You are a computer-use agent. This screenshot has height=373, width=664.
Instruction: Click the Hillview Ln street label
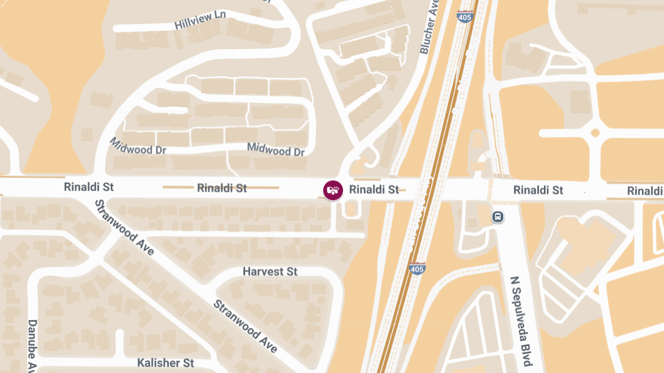(x=200, y=20)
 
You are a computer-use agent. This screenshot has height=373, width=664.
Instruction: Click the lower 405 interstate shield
(x=418, y=269)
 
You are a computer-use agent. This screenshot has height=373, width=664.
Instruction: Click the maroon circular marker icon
(x=333, y=190)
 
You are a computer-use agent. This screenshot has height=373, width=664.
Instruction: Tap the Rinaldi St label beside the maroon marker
(x=374, y=190)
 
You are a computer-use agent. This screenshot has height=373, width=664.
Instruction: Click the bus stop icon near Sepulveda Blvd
(x=498, y=217)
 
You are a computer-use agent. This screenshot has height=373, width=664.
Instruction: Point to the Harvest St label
(x=270, y=272)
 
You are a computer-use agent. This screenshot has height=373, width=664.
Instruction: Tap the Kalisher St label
(x=165, y=363)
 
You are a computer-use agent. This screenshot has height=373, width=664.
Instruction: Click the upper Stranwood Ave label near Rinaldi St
(x=125, y=227)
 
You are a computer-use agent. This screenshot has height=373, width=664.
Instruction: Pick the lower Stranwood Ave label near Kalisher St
(x=245, y=326)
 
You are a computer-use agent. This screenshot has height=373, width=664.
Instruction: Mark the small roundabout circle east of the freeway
(x=595, y=133)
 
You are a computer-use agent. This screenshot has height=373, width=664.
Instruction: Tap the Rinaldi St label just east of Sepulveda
(x=538, y=190)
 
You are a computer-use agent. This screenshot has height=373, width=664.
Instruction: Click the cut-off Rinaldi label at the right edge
(x=645, y=191)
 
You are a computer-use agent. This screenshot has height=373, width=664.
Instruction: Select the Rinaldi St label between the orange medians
(x=222, y=188)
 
